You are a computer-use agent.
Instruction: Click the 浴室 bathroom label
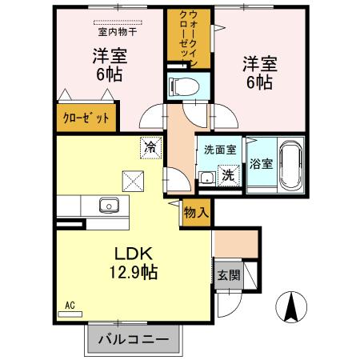pyautogui.click(x=261, y=163)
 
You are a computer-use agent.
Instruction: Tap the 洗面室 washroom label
pyautogui.click(x=218, y=150)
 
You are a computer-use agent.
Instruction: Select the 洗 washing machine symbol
pyautogui.click(x=228, y=175)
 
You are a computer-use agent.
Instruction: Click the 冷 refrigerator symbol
pyautogui.click(x=149, y=146)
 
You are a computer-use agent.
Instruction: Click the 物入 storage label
pyautogui.click(x=196, y=212)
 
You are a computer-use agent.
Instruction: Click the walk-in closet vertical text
pyautogui.click(x=189, y=40)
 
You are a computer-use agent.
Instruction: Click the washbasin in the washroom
pyautogui.click(x=207, y=177)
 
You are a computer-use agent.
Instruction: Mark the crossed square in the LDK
pyautogui.click(x=131, y=181)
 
